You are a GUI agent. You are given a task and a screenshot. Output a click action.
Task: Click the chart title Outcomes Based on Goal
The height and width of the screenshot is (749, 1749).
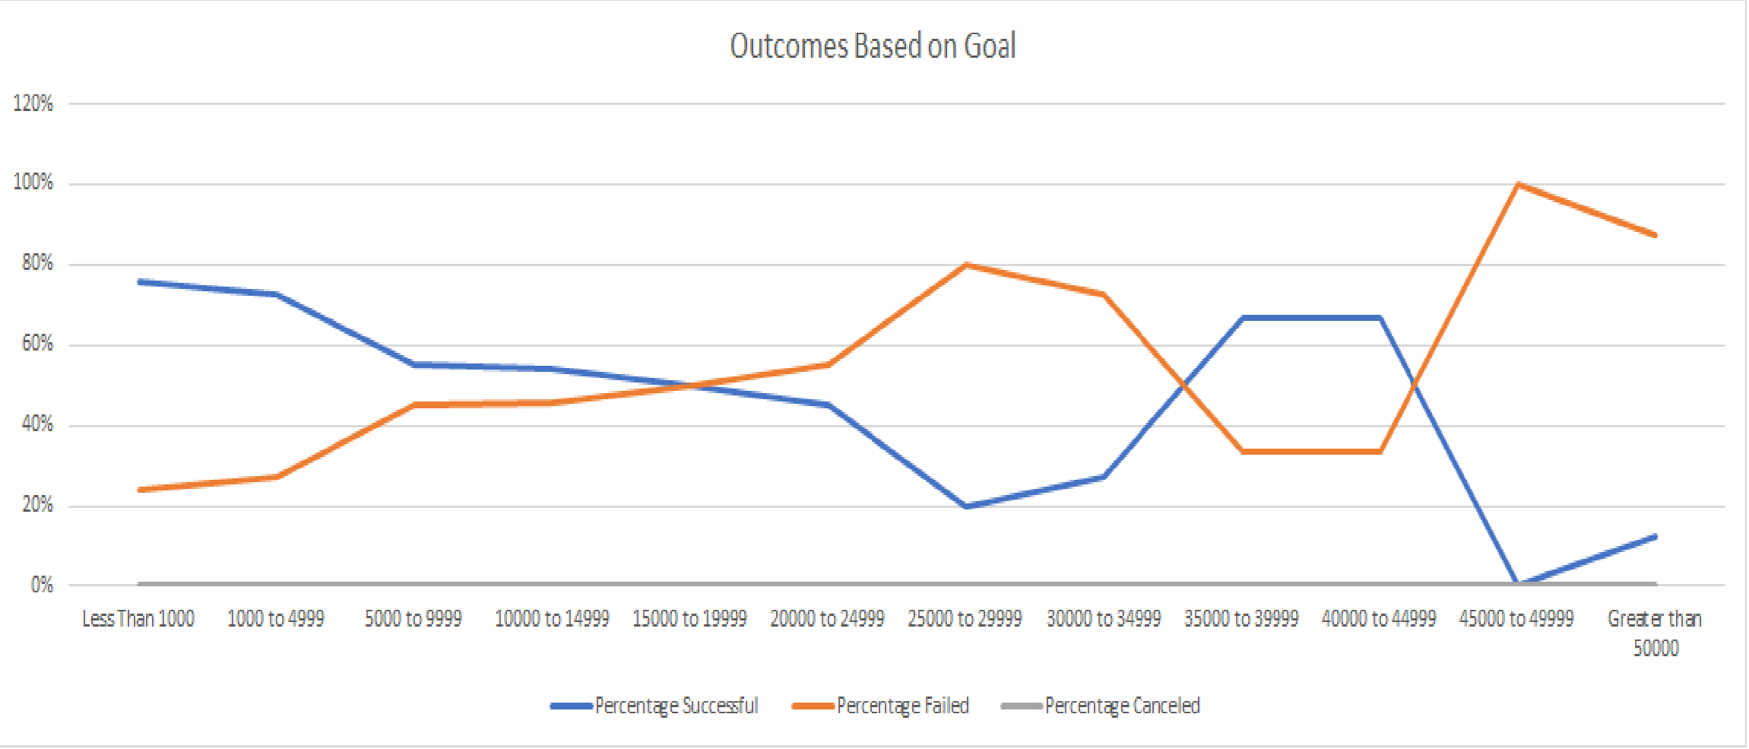click(873, 46)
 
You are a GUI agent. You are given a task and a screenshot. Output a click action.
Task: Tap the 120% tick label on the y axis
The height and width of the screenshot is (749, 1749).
click(33, 103)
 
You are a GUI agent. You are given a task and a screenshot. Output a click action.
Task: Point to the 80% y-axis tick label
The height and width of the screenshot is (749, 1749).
click(37, 263)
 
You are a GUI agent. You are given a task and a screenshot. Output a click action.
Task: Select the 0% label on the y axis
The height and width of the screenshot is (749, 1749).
click(42, 585)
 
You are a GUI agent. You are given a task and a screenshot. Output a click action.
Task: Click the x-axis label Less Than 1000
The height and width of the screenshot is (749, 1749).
click(138, 619)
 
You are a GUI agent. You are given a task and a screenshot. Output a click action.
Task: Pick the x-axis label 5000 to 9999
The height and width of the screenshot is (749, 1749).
click(413, 619)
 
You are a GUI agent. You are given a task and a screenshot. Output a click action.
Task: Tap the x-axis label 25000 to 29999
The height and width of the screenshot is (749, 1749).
click(965, 619)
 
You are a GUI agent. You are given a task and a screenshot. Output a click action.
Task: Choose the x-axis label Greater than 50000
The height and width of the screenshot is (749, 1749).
click(1655, 633)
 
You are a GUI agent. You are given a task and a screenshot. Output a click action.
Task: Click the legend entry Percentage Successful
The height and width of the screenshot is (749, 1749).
click(676, 706)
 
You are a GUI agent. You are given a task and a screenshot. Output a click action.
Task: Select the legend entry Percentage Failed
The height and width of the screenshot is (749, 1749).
click(902, 706)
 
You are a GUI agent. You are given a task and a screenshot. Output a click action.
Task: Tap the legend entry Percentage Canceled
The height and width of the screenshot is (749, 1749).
click(1122, 706)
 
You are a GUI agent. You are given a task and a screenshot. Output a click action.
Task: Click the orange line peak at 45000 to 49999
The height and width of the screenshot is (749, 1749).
click(1517, 184)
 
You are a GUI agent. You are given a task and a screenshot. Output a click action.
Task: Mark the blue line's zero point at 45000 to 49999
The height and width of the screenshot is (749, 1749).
click(1517, 583)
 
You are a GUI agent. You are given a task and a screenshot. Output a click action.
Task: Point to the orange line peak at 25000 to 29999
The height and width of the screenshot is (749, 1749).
click(965, 265)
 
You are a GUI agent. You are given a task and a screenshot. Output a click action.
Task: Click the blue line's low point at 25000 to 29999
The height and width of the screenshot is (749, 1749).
click(965, 506)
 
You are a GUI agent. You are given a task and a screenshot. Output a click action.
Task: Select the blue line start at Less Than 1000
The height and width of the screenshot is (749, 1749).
click(140, 282)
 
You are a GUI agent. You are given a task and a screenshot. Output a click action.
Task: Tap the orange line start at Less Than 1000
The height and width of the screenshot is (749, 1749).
click(140, 490)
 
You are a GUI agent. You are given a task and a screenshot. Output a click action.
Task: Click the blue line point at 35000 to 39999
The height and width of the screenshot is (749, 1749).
click(1242, 317)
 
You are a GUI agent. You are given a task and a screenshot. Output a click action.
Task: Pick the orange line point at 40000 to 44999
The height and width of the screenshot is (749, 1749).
click(1380, 451)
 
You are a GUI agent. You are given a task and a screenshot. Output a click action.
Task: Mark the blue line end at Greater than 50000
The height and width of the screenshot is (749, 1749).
click(1655, 537)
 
